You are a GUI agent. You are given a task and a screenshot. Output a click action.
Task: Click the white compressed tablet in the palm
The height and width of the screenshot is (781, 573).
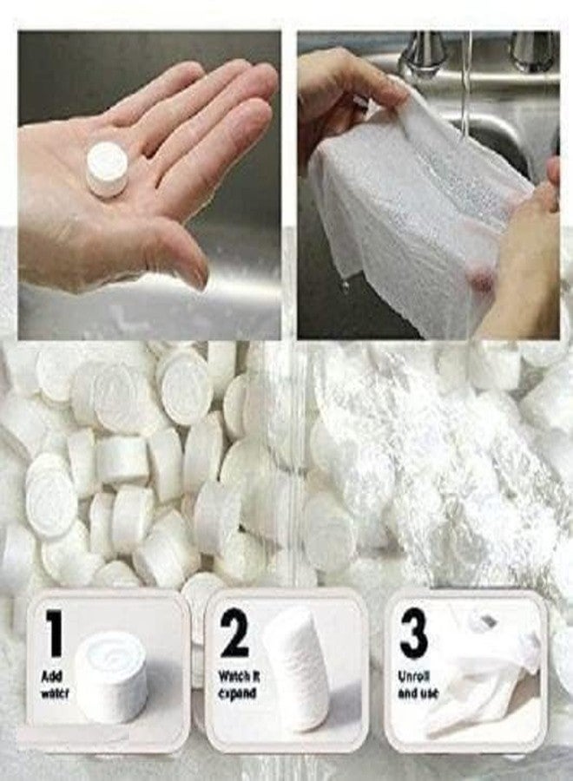coord(107,167)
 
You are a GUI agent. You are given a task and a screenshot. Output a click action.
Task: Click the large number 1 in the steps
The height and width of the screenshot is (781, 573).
coord(54,633)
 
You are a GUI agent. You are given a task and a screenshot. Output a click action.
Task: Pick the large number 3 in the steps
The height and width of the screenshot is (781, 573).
coord(413,633)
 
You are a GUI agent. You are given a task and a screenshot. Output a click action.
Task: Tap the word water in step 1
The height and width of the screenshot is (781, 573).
coord(53,693)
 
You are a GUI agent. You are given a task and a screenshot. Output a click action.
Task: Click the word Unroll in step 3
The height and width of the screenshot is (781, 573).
coord(413,675)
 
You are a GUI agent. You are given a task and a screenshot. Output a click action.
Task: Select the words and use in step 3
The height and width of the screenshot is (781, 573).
coord(418,693)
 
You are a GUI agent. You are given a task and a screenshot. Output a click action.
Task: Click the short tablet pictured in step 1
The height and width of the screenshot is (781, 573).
coord(111,676)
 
